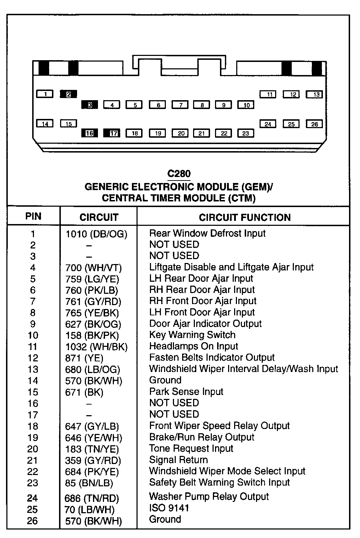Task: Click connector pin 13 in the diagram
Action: [x=314, y=95]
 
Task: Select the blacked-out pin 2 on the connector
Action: [x=69, y=94]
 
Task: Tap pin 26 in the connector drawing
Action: [x=314, y=124]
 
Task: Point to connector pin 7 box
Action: [x=180, y=105]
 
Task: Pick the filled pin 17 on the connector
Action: [x=112, y=133]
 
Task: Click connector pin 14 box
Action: [x=45, y=124]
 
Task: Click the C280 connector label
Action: [x=179, y=173]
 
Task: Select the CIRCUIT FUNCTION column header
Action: [x=245, y=217]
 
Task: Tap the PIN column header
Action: [x=33, y=216]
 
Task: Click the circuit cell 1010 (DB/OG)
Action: [x=96, y=234]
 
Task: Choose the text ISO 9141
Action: [x=169, y=508]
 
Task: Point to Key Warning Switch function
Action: [x=192, y=335]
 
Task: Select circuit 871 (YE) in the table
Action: [x=84, y=358]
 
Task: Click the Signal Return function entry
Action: [x=179, y=460]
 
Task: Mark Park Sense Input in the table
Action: [x=186, y=391]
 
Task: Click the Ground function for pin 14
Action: [x=165, y=380]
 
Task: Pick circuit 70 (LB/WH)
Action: [x=90, y=510]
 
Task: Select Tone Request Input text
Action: [x=191, y=448]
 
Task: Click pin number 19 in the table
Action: [x=33, y=437]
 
